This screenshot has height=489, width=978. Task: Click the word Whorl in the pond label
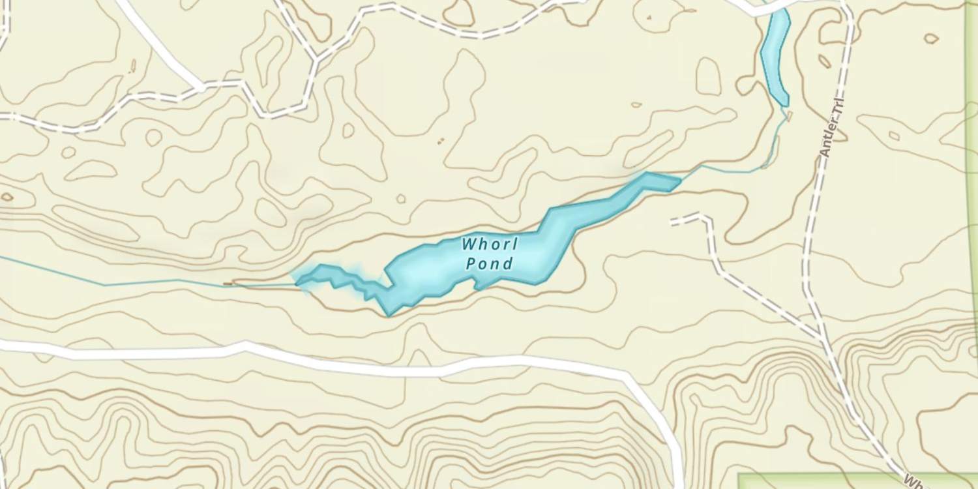[x=490, y=245]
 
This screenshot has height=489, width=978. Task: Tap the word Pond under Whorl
[x=490, y=264]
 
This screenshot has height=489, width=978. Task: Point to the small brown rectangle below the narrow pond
[x=789, y=116]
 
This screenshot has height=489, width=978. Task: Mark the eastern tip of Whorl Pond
[x=679, y=180]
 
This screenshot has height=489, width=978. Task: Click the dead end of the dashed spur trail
[x=672, y=222]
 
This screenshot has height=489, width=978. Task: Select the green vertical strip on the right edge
[x=972, y=196]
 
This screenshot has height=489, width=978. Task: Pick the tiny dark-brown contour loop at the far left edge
[x=7, y=197]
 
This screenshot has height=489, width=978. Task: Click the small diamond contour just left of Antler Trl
[x=824, y=61]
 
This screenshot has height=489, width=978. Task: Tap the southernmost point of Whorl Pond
[x=389, y=315]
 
